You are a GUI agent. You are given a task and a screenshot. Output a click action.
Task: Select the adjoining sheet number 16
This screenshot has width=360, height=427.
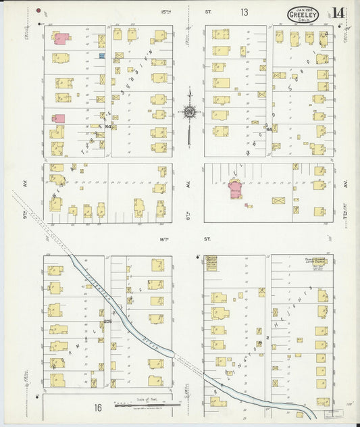(97, 407)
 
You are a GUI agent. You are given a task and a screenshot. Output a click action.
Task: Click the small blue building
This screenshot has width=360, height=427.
(102, 55)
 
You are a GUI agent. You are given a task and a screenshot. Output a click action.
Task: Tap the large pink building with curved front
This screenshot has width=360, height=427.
(235, 191)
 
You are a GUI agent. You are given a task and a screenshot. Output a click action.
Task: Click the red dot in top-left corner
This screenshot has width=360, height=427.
(38, 11)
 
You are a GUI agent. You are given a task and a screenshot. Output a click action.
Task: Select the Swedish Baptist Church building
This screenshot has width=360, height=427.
(211, 263)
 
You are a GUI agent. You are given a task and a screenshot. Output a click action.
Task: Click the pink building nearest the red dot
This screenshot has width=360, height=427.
(60, 39)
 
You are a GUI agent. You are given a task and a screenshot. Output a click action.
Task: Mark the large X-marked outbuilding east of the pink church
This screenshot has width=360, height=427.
(278, 200)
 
